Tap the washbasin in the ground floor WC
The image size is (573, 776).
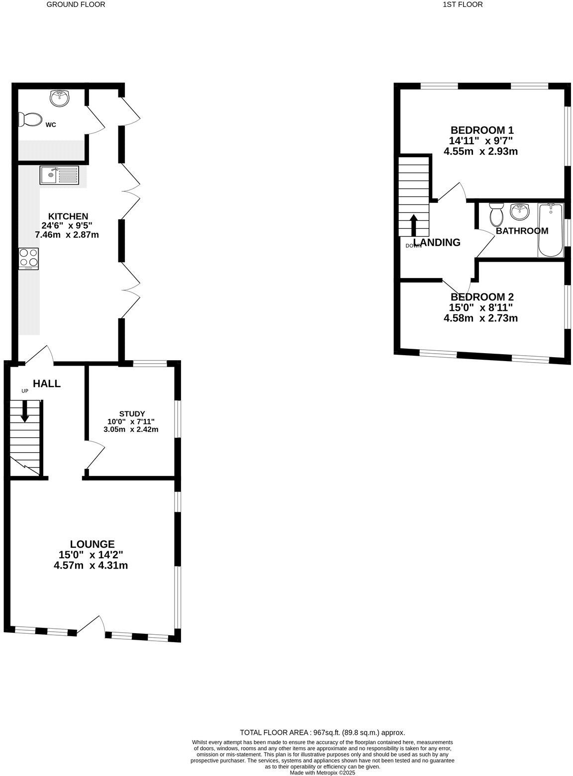60,98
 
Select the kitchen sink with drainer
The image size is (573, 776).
59,175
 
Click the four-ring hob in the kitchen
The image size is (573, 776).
28,259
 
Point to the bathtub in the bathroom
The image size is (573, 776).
550,230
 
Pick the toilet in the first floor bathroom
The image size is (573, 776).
496,214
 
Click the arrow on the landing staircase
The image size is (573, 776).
413,226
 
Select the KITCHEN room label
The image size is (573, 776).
68,216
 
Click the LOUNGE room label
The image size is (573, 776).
92,544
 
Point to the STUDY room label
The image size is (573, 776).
132,413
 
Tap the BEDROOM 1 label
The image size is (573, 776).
481,130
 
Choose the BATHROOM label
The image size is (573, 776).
522,231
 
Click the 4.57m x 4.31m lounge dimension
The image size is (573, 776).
91,566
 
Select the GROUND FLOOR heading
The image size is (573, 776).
76,4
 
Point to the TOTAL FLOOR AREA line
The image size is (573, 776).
322,732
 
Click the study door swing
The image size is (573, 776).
95,454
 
